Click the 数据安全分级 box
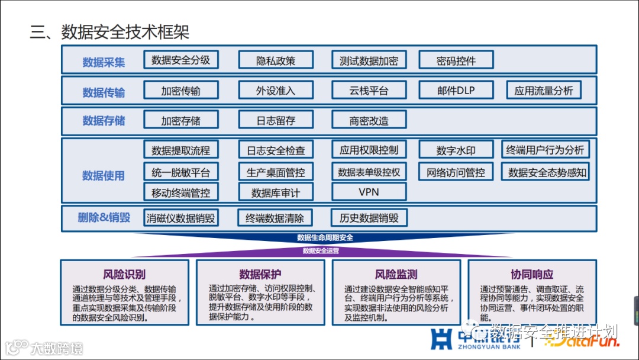click(180, 60)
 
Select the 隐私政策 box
click(275, 60)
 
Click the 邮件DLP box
click(456, 91)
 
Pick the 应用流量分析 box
click(543, 91)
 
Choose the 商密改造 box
click(369, 120)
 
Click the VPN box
click(369, 192)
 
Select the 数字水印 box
click(456, 150)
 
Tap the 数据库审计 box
click(275, 192)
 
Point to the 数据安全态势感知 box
click(547, 172)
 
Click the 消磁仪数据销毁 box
click(180, 218)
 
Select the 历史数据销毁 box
click(369, 218)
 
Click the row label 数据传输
click(104, 92)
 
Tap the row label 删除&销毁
click(104, 217)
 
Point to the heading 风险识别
click(124, 274)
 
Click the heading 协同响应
click(532, 274)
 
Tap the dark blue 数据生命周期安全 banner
click(325, 238)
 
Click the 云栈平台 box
click(369, 91)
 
